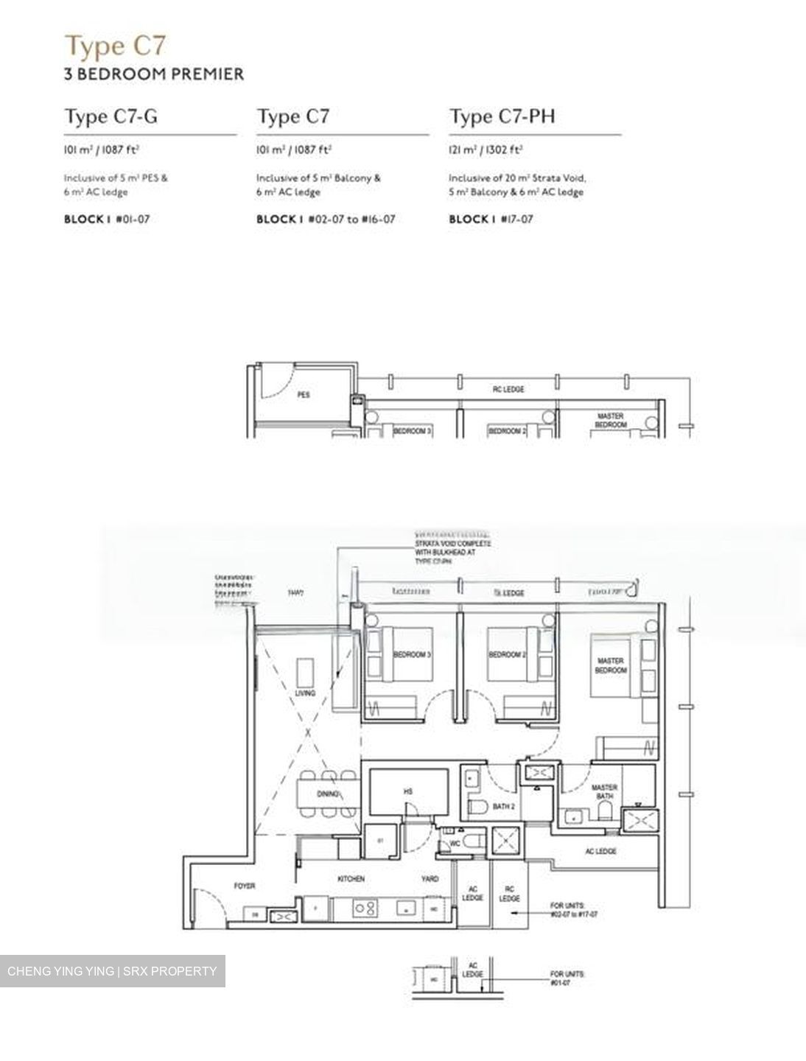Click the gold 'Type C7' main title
coord(116,46)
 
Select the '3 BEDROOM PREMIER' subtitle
coord(154,74)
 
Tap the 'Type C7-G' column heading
coord(111,116)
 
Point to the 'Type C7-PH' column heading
coord(502,116)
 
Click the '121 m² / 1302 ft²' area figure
coord(486,150)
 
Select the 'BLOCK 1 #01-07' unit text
coord(107,219)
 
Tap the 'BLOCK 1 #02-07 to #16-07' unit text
coord(326,219)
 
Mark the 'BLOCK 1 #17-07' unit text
coord(491,219)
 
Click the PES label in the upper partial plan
coord(304,395)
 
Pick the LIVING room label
coord(304,693)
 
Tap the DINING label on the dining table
coord(328,794)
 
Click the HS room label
coord(408,791)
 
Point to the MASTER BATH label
coord(604,792)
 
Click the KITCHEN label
coord(351,879)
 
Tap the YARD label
coord(430,879)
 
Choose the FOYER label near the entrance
coord(245,886)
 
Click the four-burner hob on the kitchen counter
coord(364,909)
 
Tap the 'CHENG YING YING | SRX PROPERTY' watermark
coord(112,971)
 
